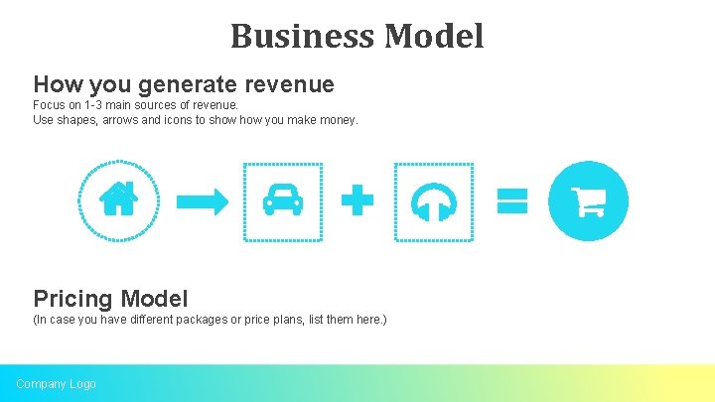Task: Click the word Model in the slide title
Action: point(434,37)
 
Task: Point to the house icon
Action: point(119,201)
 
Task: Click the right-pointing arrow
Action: point(202,201)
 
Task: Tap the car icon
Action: point(283,201)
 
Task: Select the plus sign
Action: point(357,201)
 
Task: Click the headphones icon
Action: point(434,201)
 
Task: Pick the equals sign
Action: point(512,201)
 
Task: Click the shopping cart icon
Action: point(588,201)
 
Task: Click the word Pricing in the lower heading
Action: point(73,298)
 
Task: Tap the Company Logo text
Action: point(56,383)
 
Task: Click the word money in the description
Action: point(338,120)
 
